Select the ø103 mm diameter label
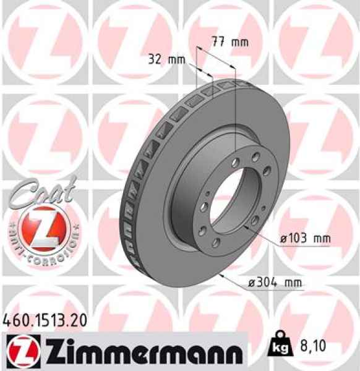[304, 238]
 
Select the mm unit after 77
[239, 42]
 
